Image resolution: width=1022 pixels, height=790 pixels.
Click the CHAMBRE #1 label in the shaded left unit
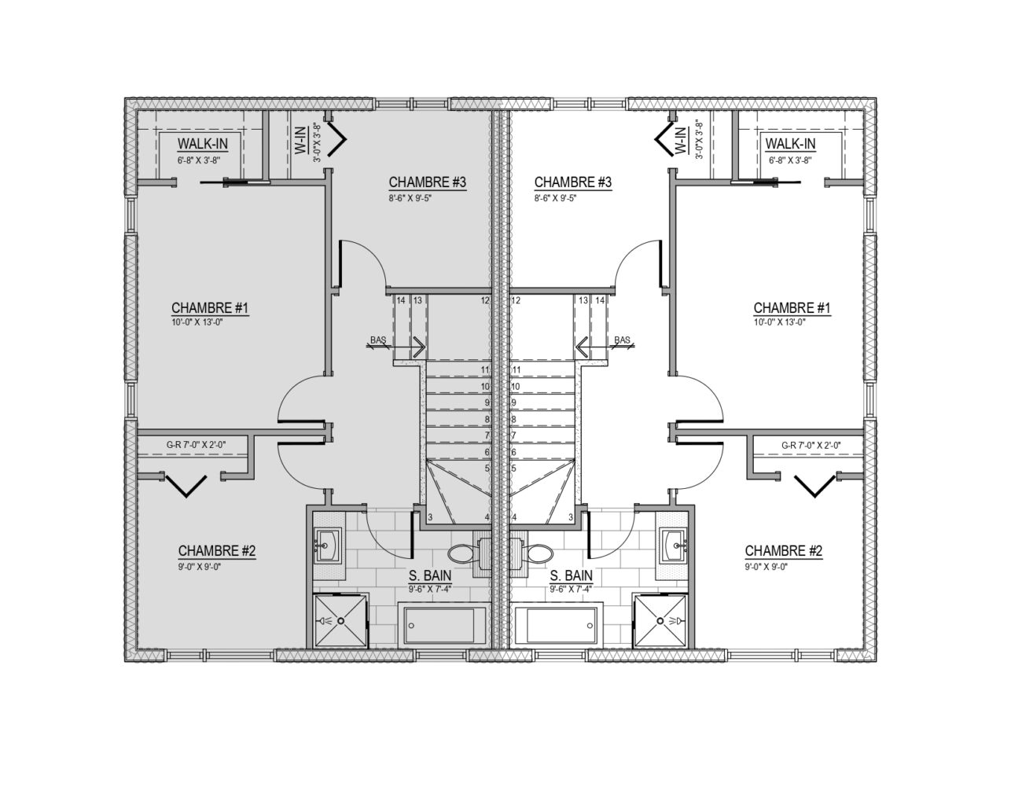point(210,308)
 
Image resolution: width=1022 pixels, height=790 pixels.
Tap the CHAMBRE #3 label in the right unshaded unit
point(573,182)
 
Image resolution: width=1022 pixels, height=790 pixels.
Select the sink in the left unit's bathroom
point(329,546)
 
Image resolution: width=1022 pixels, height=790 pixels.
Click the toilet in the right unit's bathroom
point(537,553)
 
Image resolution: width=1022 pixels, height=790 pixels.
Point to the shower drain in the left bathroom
point(340,621)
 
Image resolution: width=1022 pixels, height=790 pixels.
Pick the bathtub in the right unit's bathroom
point(556,626)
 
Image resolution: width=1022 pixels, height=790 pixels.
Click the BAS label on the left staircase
point(378,340)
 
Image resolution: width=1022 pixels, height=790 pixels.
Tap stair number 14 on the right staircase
point(600,300)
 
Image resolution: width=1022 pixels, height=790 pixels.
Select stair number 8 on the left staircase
point(487,419)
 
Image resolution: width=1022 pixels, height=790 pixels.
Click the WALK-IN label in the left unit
point(203,144)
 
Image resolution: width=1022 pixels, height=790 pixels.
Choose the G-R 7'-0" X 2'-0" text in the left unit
point(196,444)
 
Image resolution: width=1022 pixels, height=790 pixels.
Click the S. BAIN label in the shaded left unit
point(430,575)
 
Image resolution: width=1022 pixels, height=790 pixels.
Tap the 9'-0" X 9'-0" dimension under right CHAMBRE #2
point(766,567)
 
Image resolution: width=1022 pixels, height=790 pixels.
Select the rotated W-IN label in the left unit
point(300,140)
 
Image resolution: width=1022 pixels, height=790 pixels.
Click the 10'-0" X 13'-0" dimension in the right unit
point(779,322)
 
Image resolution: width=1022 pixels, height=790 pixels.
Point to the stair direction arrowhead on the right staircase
point(582,348)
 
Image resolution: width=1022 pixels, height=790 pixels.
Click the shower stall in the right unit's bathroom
point(660,621)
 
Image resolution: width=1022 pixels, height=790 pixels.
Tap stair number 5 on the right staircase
point(513,468)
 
